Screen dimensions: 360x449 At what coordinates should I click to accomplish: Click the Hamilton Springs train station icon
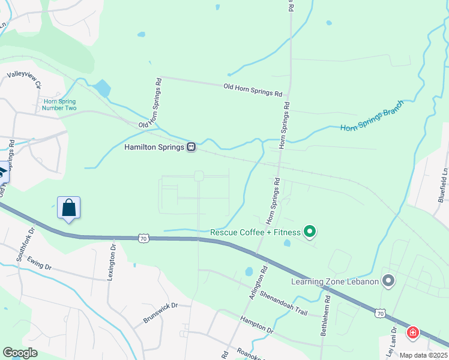[191, 147]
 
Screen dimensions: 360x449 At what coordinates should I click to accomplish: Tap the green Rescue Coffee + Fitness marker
[310, 231]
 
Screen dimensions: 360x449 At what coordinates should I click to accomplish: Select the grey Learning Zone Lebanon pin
[388, 280]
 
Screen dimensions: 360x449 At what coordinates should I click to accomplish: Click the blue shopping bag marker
[69, 208]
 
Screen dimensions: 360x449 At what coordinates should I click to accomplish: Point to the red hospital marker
[412, 332]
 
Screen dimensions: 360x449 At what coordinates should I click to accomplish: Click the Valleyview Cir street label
[25, 80]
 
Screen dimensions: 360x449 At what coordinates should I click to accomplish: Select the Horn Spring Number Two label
[60, 104]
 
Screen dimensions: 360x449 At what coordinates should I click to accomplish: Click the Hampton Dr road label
[256, 326]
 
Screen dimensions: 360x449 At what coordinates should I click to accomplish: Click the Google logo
[20, 353]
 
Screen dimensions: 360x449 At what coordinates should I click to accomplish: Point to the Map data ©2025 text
[424, 355]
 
